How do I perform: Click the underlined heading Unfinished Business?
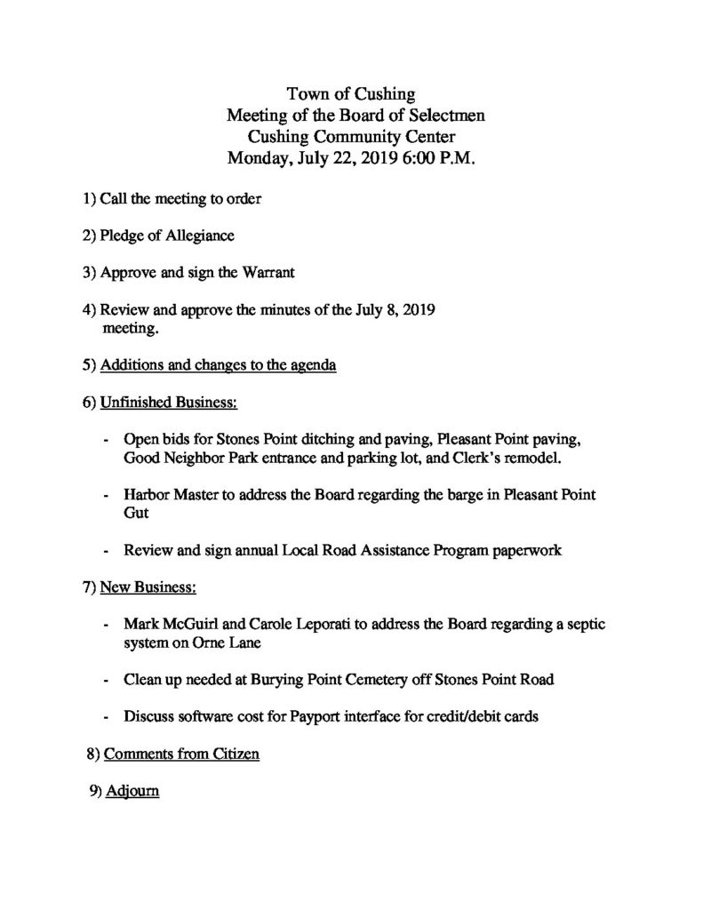(169, 403)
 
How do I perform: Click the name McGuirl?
(196, 625)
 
